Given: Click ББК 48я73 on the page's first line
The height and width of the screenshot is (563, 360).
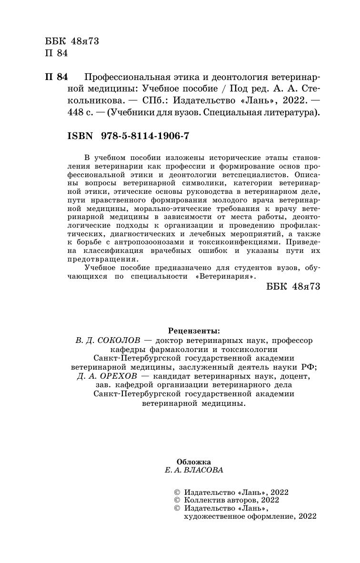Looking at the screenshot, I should click(71, 41).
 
